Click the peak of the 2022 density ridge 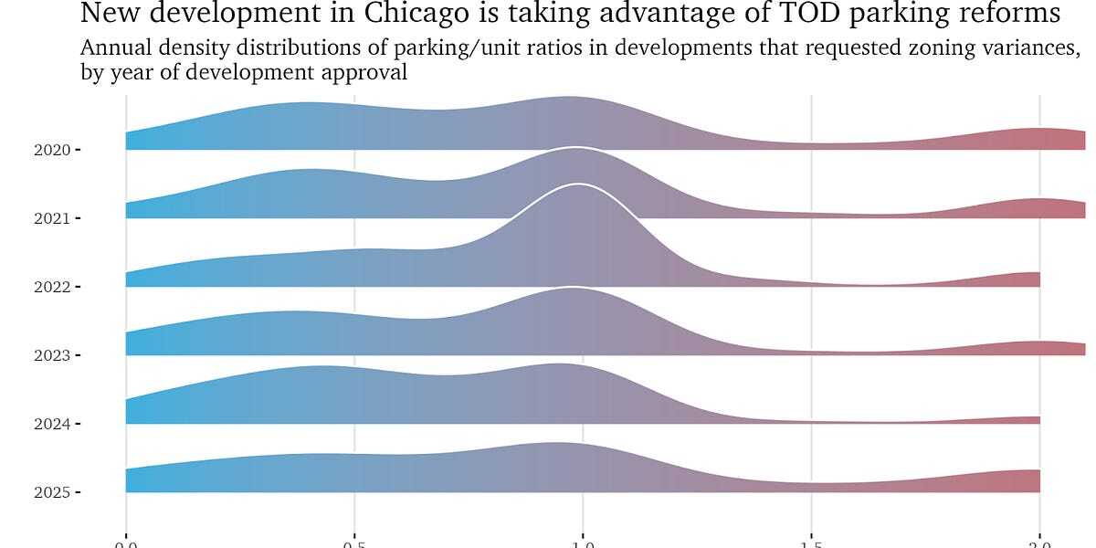click(577, 185)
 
